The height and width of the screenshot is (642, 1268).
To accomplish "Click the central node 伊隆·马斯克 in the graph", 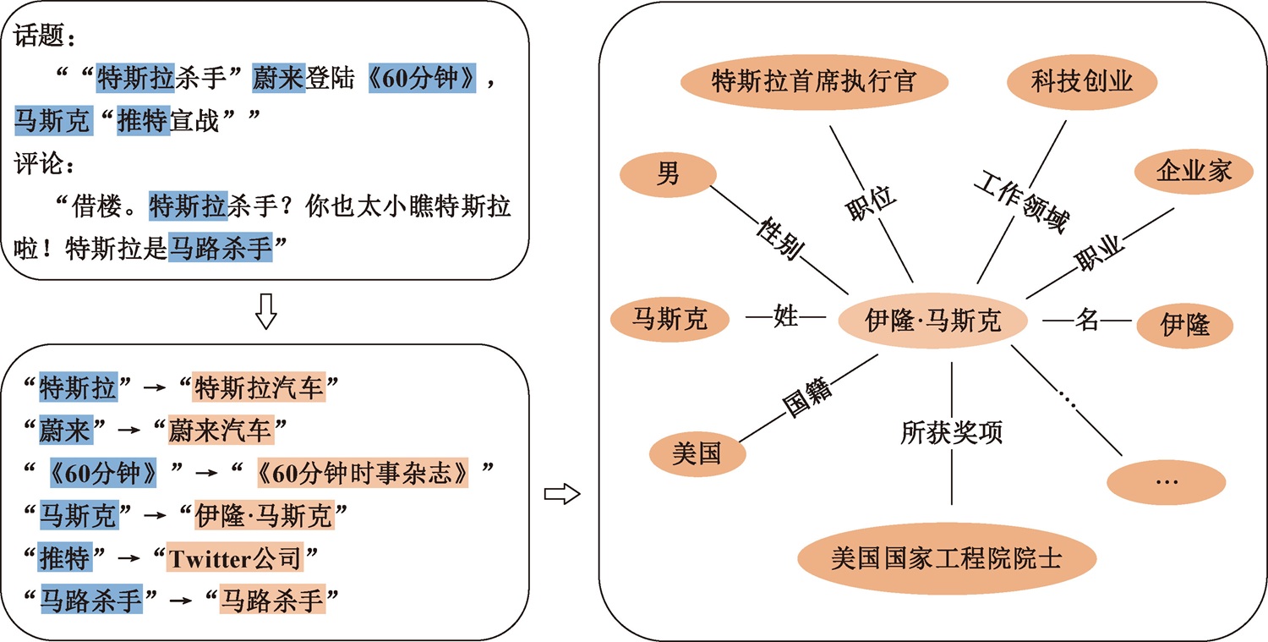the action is click(x=932, y=321).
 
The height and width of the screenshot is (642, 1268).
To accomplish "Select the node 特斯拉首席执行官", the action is click(x=814, y=81).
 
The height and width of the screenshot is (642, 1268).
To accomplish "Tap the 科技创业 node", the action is click(x=1082, y=81).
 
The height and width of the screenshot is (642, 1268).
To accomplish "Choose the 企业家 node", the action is click(x=1194, y=171).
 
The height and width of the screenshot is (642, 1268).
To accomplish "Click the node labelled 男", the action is click(x=668, y=174).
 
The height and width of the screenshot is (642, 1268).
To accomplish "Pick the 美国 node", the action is click(x=697, y=453).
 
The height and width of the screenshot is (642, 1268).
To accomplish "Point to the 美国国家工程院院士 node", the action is click(x=947, y=559).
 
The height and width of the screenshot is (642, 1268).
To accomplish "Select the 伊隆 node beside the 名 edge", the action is click(x=1185, y=326).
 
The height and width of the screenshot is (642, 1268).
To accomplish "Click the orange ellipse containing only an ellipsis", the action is click(x=1166, y=482).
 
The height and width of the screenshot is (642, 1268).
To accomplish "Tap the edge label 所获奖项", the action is click(x=952, y=432).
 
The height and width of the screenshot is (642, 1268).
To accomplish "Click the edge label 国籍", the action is click(x=807, y=397).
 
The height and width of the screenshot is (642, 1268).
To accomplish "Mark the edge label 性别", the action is click(x=780, y=238).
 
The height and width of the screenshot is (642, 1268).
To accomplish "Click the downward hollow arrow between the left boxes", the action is click(x=266, y=311).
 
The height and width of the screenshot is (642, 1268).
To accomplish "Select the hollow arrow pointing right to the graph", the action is click(x=562, y=493).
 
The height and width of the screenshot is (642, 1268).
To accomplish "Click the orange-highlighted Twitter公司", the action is click(x=235, y=558).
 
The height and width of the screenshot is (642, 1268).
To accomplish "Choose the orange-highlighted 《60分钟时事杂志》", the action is click(x=363, y=473).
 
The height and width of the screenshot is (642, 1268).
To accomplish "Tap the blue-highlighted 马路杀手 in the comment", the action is click(x=220, y=248).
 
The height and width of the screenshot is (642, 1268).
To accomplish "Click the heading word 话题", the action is click(x=39, y=36).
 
